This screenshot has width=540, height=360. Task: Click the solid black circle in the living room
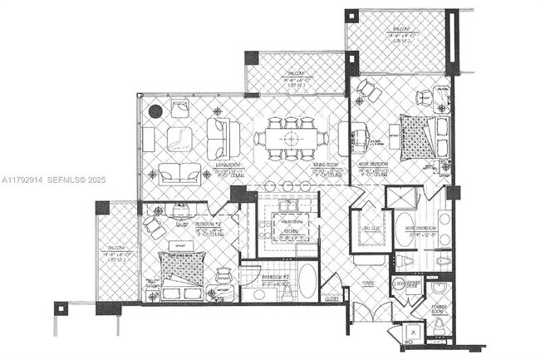pos(155,110)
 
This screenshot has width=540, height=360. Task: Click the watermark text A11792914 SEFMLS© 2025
pos(50,179)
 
